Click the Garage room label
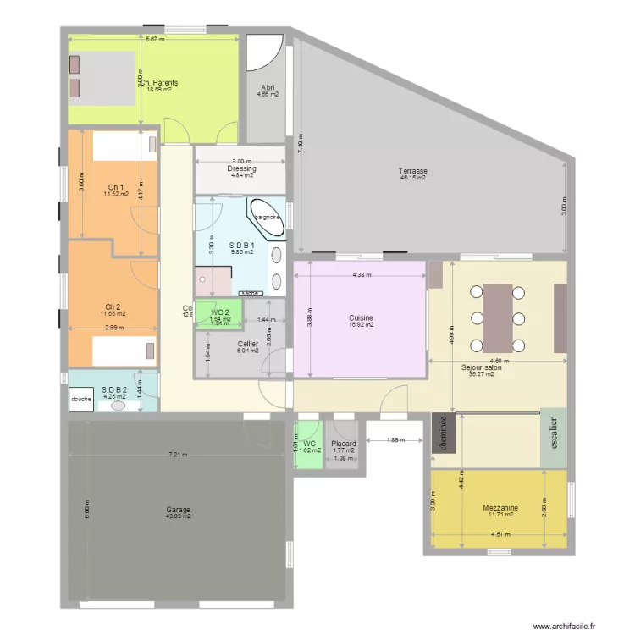click(x=178, y=510)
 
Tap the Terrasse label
click(x=412, y=171)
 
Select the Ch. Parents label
click(x=158, y=83)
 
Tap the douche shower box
click(x=81, y=400)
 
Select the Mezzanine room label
click(x=500, y=508)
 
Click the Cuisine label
click(x=361, y=318)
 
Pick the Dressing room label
click(x=241, y=168)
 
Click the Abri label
click(x=268, y=87)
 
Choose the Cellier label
click(x=248, y=344)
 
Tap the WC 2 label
click(x=220, y=312)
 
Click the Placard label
click(x=343, y=444)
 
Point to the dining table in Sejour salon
click(x=498, y=317)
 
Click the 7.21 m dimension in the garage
click(x=177, y=455)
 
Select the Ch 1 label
click(x=116, y=187)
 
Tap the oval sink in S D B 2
click(x=119, y=406)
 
